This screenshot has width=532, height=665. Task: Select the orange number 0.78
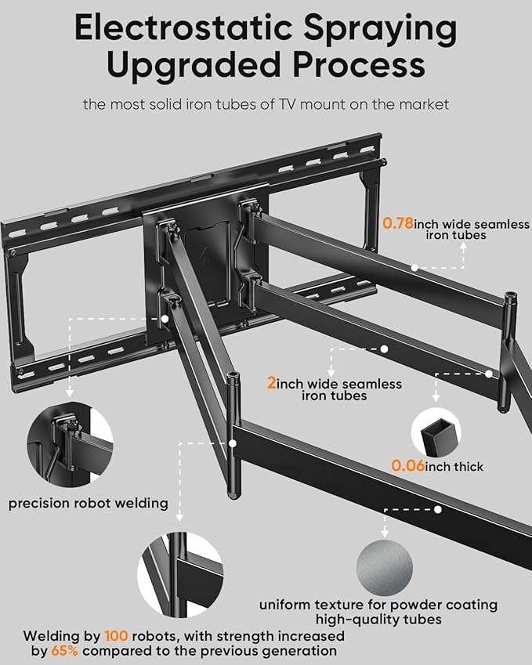coord(398,223)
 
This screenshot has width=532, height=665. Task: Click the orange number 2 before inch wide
coord(271,384)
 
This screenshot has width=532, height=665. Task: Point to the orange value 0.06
coord(408,466)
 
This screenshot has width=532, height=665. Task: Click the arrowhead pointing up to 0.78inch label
coord(464,244)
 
